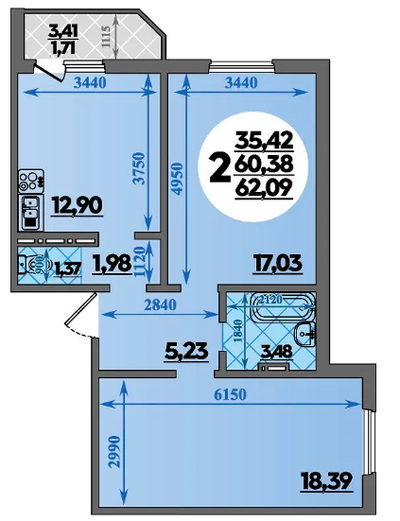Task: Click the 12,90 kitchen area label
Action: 77,206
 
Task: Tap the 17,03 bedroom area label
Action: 277,264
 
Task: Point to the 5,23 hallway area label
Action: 186,351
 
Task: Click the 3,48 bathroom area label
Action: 276,352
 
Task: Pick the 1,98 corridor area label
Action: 113,264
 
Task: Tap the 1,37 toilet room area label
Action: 67,268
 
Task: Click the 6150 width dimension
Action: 230,395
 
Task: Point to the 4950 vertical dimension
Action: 178,179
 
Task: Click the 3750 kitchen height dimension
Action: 139,168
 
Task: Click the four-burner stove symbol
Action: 31,182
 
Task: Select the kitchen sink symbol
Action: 30,213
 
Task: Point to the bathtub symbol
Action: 283,307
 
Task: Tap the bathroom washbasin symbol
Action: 305,334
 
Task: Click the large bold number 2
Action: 220,169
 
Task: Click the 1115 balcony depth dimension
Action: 105,37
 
